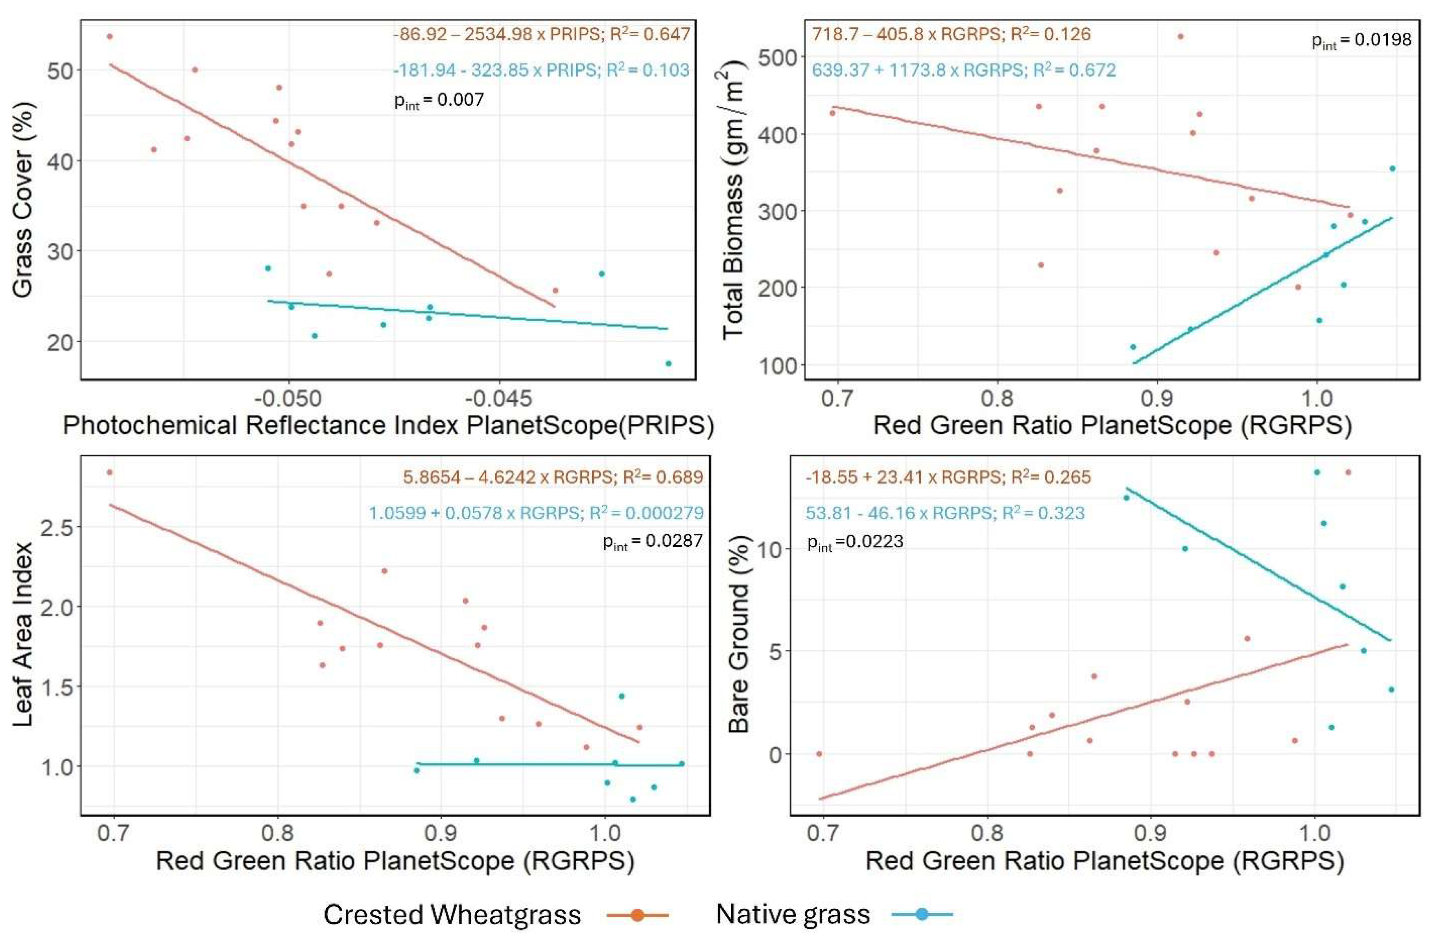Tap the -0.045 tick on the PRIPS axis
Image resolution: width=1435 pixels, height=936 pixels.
pyautogui.click(x=499, y=399)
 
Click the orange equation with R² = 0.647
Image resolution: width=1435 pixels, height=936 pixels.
pyautogui.click(x=541, y=34)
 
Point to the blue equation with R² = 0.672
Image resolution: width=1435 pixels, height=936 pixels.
pyautogui.click(x=963, y=70)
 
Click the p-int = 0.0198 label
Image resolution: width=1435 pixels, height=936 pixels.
pyautogui.click(x=1361, y=41)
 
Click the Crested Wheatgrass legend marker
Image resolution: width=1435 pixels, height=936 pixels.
pyautogui.click(x=637, y=914)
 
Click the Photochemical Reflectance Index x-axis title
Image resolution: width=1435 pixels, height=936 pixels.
pyautogui.click(x=388, y=426)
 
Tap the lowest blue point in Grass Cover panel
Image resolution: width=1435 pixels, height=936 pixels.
pyautogui.click(x=668, y=364)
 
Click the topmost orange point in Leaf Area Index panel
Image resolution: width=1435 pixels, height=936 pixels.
pyautogui.click(x=109, y=472)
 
